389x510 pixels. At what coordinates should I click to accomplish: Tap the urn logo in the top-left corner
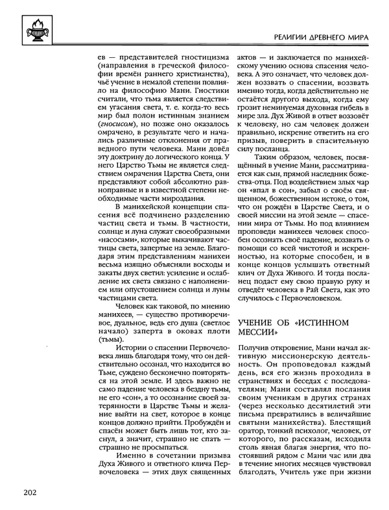32,26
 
